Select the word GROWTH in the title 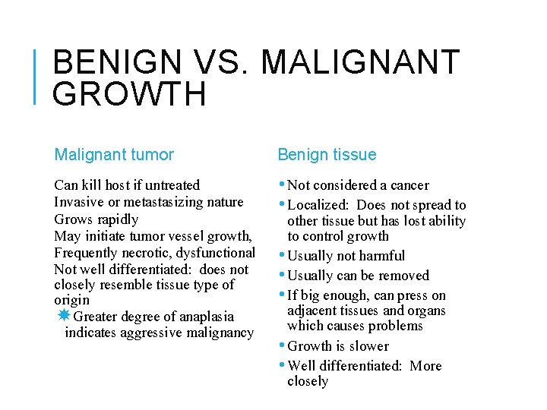[130, 94]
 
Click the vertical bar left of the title [38, 76]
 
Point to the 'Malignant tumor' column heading [114, 155]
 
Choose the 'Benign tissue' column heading [327, 155]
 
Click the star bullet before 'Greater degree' [65, 316]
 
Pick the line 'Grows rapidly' [96, 219]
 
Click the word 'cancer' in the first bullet [409, 185]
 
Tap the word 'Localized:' [320, 205]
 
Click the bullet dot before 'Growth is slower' [283, 345]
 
